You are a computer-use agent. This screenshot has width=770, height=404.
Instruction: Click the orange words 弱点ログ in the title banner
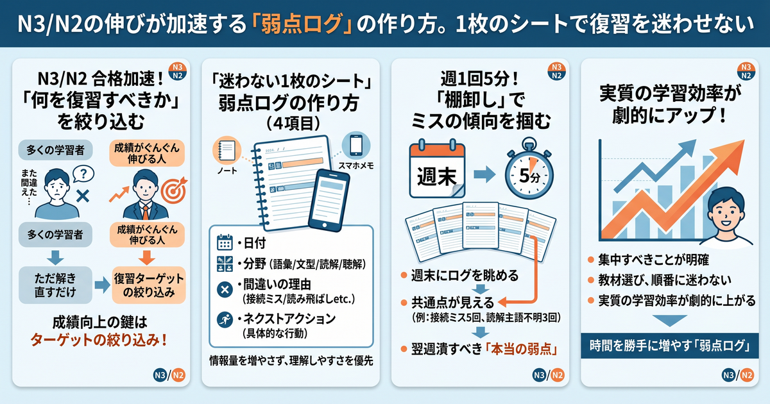pyautogui.click(x=302, y=24)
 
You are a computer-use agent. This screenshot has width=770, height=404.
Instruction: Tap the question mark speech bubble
pyautogui.click(x=83, y=174)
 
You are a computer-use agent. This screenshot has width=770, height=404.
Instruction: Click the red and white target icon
pyautogui.click(x=174, y=190)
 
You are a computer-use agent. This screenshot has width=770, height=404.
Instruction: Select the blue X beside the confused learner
pyautogui.click(x=83, y=196)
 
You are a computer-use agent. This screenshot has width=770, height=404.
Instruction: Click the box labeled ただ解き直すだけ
pyautogui.click(x=55, y=285)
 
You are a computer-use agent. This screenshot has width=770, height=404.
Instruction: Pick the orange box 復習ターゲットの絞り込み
pyautogui.click(x=149, y=285)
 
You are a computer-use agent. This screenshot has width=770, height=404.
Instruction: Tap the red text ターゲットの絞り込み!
pyautogui.click(x=99, y=340)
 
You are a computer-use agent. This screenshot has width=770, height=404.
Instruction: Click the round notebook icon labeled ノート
pyautogui.click(x=227, y=150)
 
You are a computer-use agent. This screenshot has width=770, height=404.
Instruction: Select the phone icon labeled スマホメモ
pyautogui.click(x=355, y=146)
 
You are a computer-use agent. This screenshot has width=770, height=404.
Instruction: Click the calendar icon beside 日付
pyautogui.click(x=225, y=242)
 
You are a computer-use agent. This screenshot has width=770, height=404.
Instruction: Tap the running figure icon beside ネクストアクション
pyautogui.click(x=225, y=319)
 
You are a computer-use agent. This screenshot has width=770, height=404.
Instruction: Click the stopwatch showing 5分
pyautogui.click(x=529, y=168)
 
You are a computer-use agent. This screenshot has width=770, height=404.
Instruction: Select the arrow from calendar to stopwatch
pyautogui.click(x=484, y=174)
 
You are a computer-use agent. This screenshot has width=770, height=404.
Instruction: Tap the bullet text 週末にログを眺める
pyautogui.click(x=465, y=275)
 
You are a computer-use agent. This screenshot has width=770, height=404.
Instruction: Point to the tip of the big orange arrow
pyautogui.click(x=744, y=140)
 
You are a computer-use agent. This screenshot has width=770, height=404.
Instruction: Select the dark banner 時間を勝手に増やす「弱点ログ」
pyautogui.click(x=670, y=346)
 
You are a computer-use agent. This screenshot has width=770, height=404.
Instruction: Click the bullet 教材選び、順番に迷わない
pyautogui.click(x=665, y=280)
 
